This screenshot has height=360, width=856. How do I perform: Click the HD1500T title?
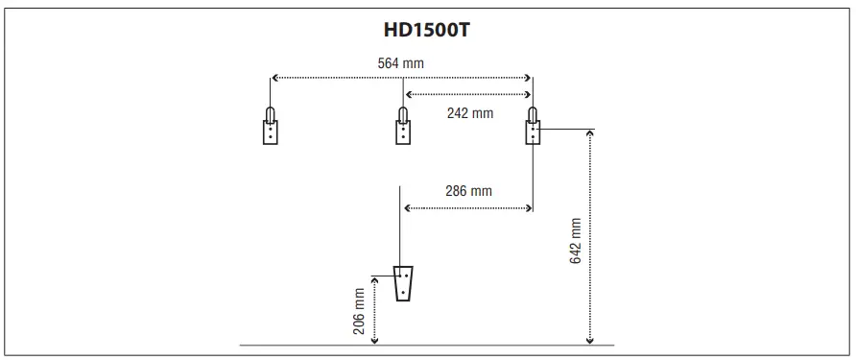427,29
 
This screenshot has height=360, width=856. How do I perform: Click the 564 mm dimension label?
400,63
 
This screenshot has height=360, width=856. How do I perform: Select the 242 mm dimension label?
470,112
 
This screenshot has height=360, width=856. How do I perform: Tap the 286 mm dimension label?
468,191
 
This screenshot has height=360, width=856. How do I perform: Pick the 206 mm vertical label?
360,309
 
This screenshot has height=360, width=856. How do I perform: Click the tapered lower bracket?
404,282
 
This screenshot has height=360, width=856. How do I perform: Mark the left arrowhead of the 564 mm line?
273,77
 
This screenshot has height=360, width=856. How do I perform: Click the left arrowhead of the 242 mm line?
408,94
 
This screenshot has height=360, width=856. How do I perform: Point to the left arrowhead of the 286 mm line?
408,206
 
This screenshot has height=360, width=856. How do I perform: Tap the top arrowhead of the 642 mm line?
589,132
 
